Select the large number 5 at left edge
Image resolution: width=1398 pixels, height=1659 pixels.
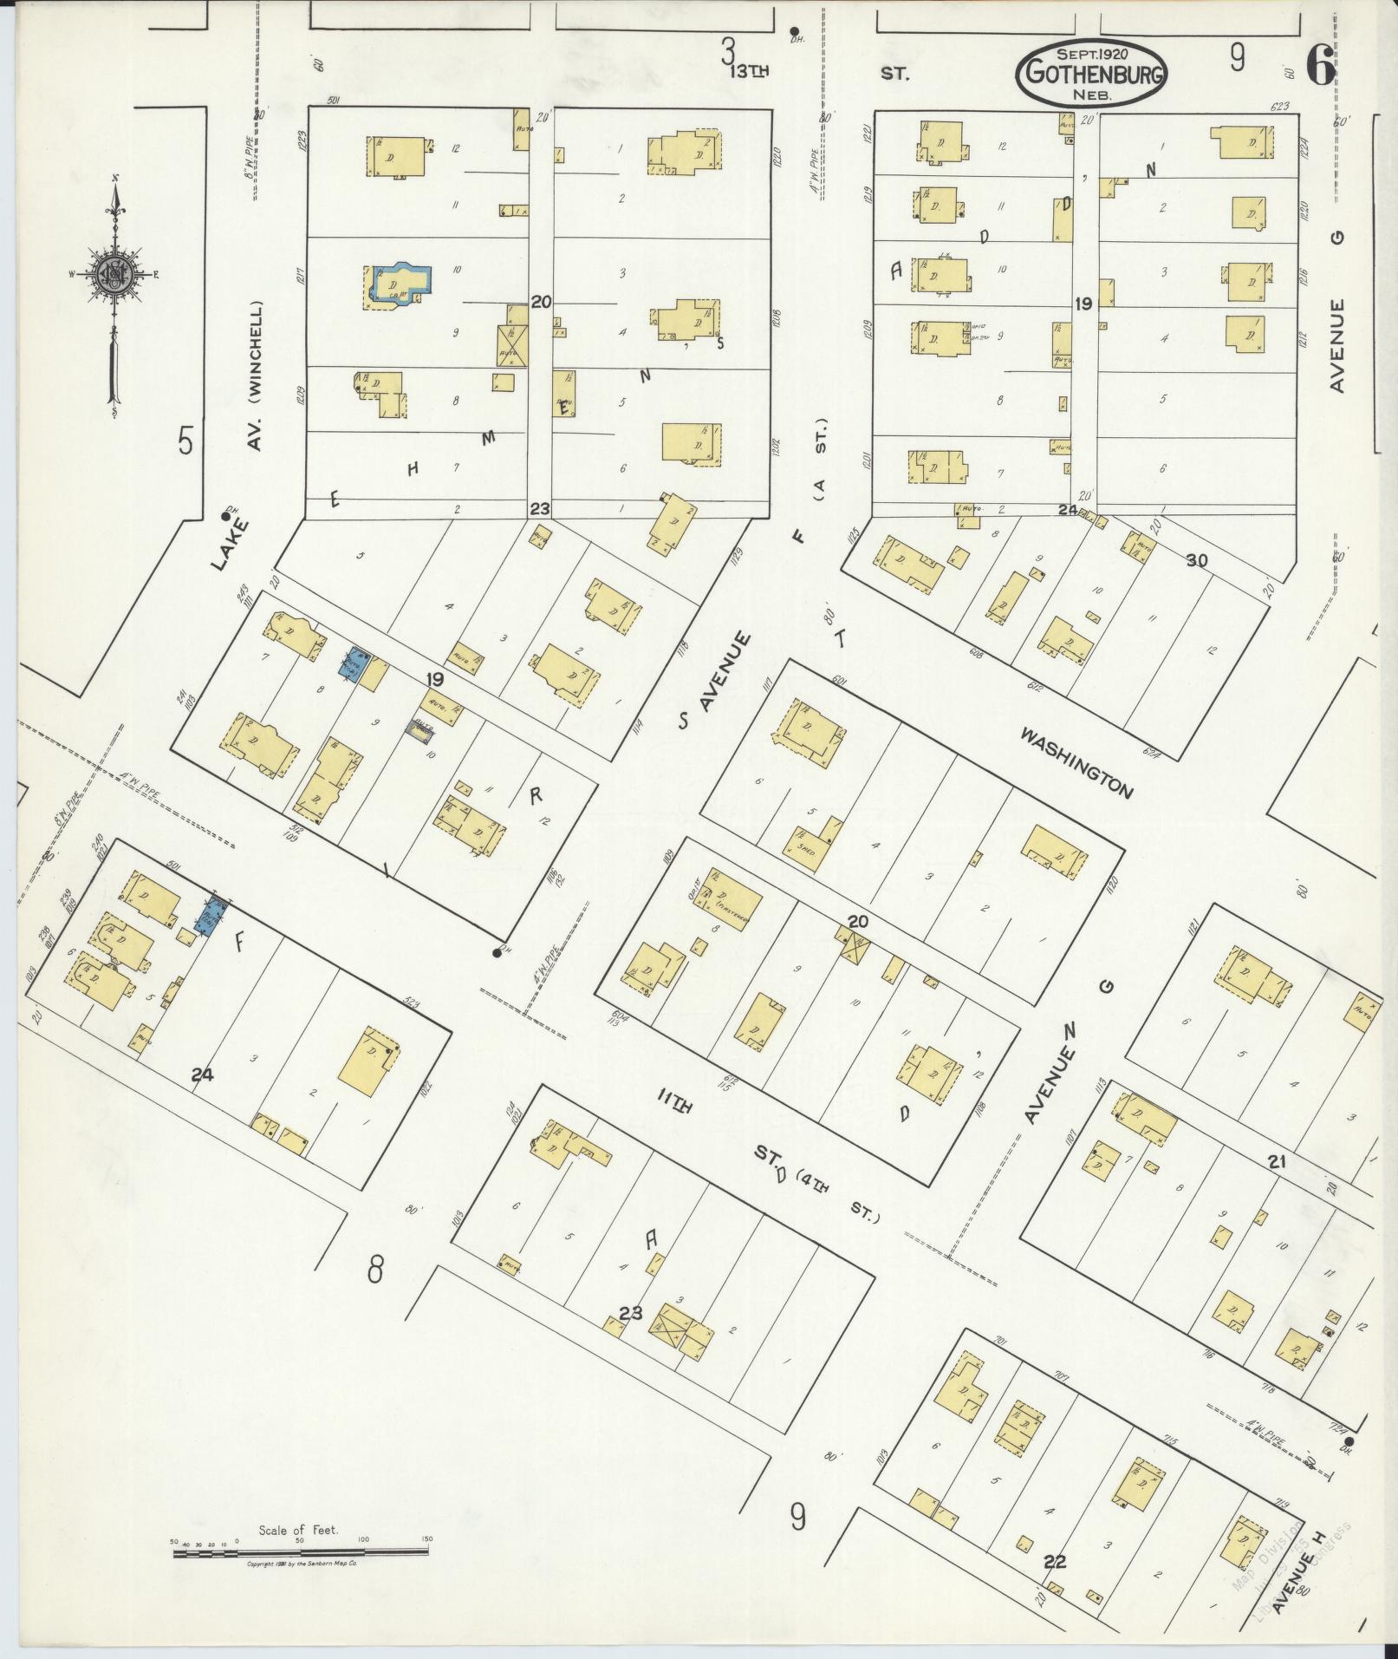point(185,441)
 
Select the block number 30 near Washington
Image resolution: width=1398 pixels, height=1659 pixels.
point(1196,560)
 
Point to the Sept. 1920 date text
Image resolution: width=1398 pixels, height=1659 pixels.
point(1091,54)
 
